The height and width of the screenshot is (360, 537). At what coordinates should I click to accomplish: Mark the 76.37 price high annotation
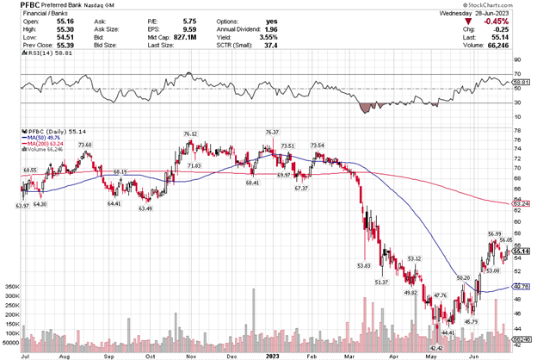click(x=273, y=132)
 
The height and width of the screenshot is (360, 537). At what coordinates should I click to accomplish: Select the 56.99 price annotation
click(x=494, y=233)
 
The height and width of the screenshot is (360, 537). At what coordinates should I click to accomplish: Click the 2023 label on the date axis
click(x=271, y=354)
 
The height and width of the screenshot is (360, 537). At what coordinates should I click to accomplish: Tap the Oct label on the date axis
click(x=151, y=354)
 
